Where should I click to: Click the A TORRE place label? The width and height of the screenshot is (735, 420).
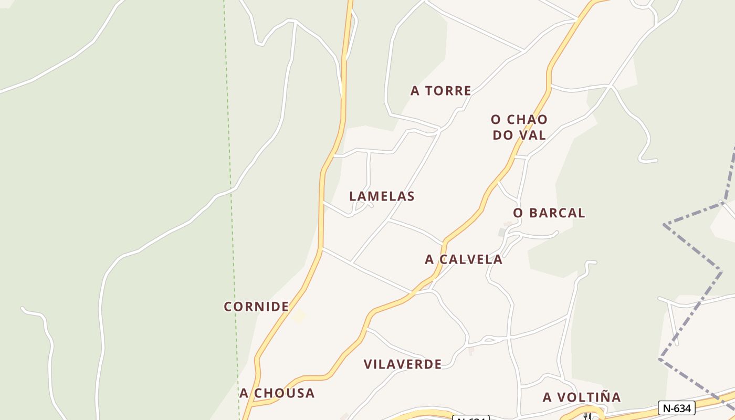[x=440, y=91]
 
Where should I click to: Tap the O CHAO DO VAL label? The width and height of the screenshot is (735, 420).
[x=519, y=127]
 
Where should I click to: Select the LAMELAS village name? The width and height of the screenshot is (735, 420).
[x=382, y=196]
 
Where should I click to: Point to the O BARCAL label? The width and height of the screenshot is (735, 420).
[x=549, y=213]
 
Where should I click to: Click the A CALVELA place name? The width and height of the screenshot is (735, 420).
[x=464, y=259]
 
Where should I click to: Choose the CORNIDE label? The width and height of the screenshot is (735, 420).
[x=256, y=307]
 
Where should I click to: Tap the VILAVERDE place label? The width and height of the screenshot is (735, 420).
[x=402, y=364]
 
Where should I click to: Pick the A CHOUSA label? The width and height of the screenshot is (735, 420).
[x=277, y=393]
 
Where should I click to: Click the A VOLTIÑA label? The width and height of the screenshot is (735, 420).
[x=582, y=397]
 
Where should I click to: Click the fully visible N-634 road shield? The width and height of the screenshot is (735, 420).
[x=676, y=407]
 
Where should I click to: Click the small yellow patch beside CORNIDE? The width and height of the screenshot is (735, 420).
[x=299, y=317]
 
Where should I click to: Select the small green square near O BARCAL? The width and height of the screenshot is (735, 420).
[x=502, y=232]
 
